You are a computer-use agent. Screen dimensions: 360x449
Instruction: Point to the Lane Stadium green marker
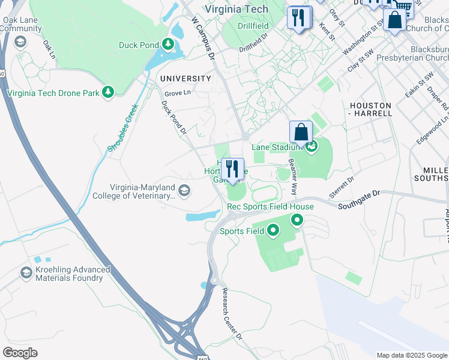coord(311,146)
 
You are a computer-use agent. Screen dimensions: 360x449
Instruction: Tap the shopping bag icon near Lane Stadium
coord(301,132)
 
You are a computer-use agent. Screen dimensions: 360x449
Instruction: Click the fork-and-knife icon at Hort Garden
coord(232,169)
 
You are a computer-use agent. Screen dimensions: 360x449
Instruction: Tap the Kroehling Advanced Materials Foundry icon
coord(26,274)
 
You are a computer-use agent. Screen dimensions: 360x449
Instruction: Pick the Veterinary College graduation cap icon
coord(184,191)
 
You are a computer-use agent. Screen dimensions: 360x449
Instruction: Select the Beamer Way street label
coord(293,178)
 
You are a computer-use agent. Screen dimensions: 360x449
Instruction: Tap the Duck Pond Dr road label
coord(174,117)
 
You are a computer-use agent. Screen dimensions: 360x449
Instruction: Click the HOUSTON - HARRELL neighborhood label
coord(370,109)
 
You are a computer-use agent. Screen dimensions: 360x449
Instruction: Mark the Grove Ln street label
coord(177,93)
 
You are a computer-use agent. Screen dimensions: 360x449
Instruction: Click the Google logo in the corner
coord(20,353)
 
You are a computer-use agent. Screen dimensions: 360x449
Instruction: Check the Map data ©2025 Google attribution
coord(411,355)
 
